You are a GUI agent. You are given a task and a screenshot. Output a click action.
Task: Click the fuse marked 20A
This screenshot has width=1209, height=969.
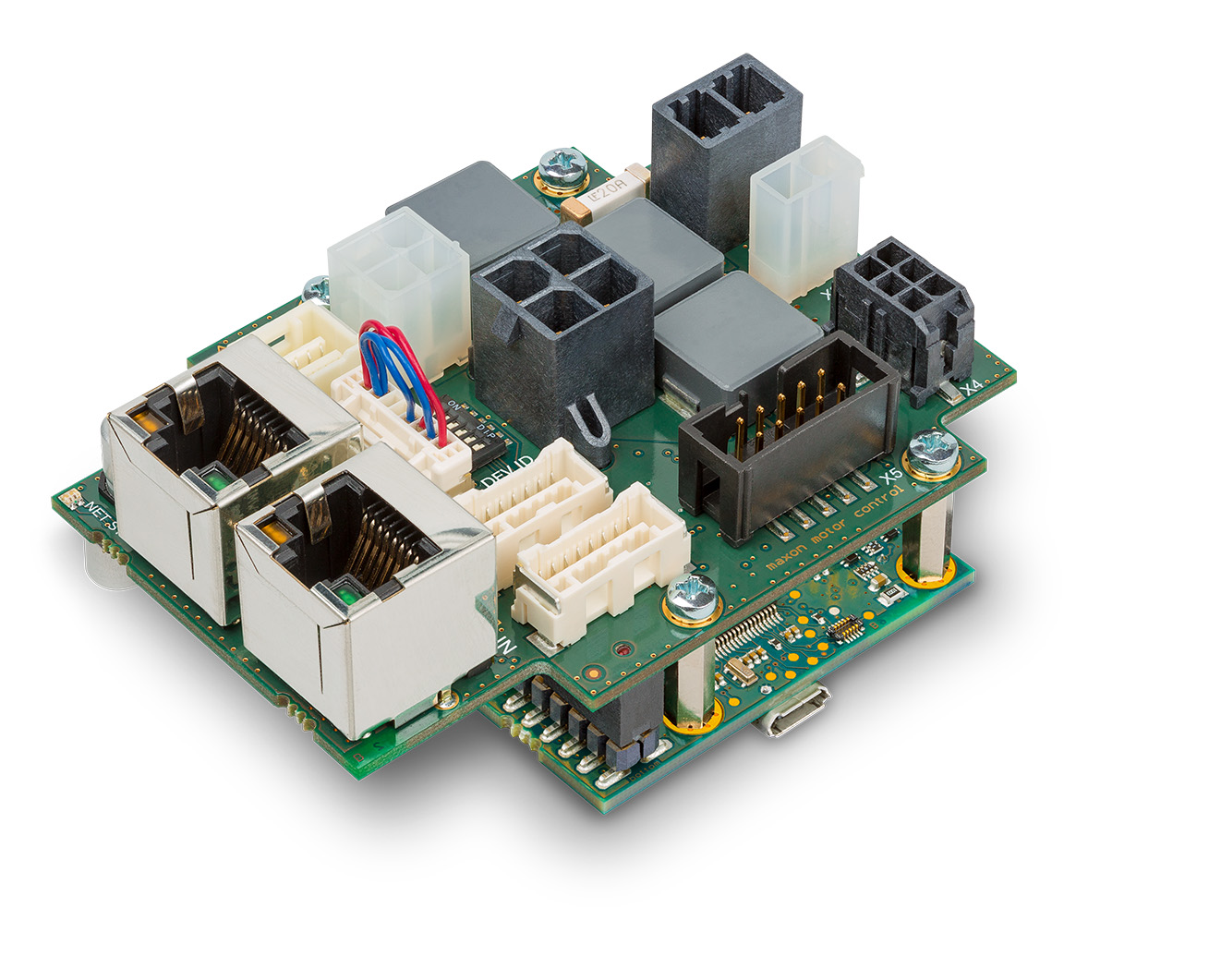point(606,192)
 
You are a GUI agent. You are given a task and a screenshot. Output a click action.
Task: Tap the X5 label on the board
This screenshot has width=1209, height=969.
point(890,478)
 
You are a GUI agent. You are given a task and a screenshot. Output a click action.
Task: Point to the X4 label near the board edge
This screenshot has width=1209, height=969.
point(971,389)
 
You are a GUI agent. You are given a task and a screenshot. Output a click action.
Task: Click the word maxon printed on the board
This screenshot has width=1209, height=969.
point(788,553)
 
